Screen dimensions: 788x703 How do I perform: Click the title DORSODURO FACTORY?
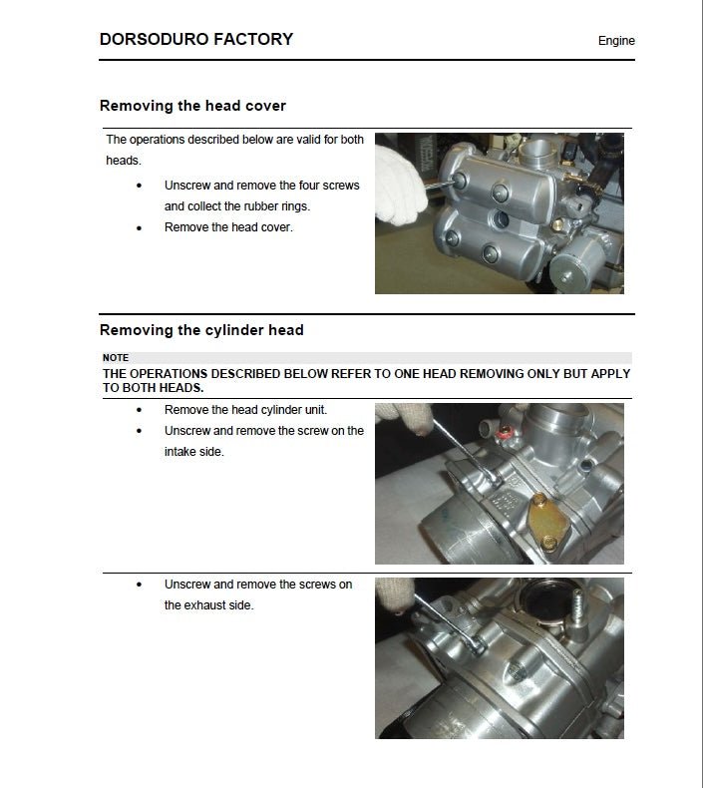[196, 40]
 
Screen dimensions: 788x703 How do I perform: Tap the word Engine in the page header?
[616, 41]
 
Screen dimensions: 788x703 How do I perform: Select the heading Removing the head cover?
[192, 106]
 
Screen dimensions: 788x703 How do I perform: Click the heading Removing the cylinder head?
[201, 330]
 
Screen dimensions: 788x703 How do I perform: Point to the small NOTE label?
[116, 357]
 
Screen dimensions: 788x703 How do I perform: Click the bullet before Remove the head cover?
[140, 227]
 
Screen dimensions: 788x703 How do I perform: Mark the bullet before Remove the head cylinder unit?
[140, 410]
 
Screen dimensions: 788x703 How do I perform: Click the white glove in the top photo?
[400, 189]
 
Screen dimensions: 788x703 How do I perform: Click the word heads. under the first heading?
[124, 161]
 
